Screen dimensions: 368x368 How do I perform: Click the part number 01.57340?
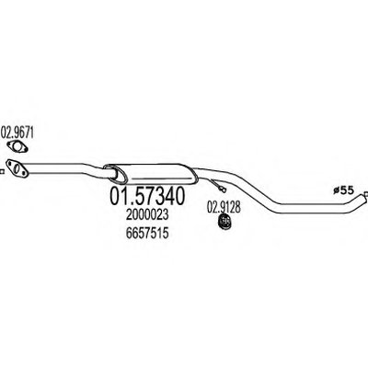147,196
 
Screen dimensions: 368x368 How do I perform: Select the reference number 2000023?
147,215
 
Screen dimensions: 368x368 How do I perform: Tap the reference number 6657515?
147,234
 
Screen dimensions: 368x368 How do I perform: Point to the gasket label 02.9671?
17,133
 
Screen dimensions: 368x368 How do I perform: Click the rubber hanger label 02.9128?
224,207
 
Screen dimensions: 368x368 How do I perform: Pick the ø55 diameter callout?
343,190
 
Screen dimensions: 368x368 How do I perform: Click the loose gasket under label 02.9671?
17,146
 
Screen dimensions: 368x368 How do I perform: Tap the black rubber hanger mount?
224,222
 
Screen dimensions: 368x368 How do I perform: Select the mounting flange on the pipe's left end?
17,168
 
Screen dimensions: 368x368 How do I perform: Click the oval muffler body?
150,173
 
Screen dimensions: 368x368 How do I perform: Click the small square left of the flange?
2,172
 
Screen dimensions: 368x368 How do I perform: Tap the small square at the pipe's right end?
366,194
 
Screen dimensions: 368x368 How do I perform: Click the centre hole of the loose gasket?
17,147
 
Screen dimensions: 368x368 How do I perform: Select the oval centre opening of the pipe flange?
18,168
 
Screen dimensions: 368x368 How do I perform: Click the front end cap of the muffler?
114,173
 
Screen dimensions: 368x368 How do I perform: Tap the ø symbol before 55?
337,191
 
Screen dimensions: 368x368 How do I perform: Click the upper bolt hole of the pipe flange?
10,163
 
